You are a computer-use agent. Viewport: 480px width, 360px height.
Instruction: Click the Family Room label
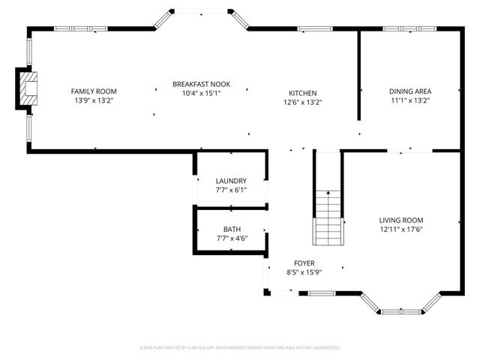click(x=94, y=91)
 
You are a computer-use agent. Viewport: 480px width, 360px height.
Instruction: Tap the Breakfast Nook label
click(x=201, y=83)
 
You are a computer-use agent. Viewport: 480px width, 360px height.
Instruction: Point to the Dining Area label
click(x=410, y=91)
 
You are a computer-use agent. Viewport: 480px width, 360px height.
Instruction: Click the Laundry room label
click(x=231, y=181)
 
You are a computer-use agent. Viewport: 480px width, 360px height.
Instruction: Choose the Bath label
click(x=232, y=229)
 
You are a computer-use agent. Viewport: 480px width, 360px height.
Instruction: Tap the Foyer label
click(x=304, y=263)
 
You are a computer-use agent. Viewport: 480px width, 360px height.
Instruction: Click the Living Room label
click(x=403, y=220)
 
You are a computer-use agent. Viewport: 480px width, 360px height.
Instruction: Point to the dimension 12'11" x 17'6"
click(x=403, y=229)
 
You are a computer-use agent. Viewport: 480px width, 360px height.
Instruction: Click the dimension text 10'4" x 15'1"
click(x=201, y=93)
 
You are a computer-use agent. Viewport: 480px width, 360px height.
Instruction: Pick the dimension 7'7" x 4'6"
click(x=232, y=238)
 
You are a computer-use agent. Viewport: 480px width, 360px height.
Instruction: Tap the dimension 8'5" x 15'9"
click(x=304, y=273)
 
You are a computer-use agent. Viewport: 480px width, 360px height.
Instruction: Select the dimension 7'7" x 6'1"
click(x=231, y=190)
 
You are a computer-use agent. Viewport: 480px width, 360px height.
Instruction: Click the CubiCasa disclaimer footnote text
click(x=240, y=348)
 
